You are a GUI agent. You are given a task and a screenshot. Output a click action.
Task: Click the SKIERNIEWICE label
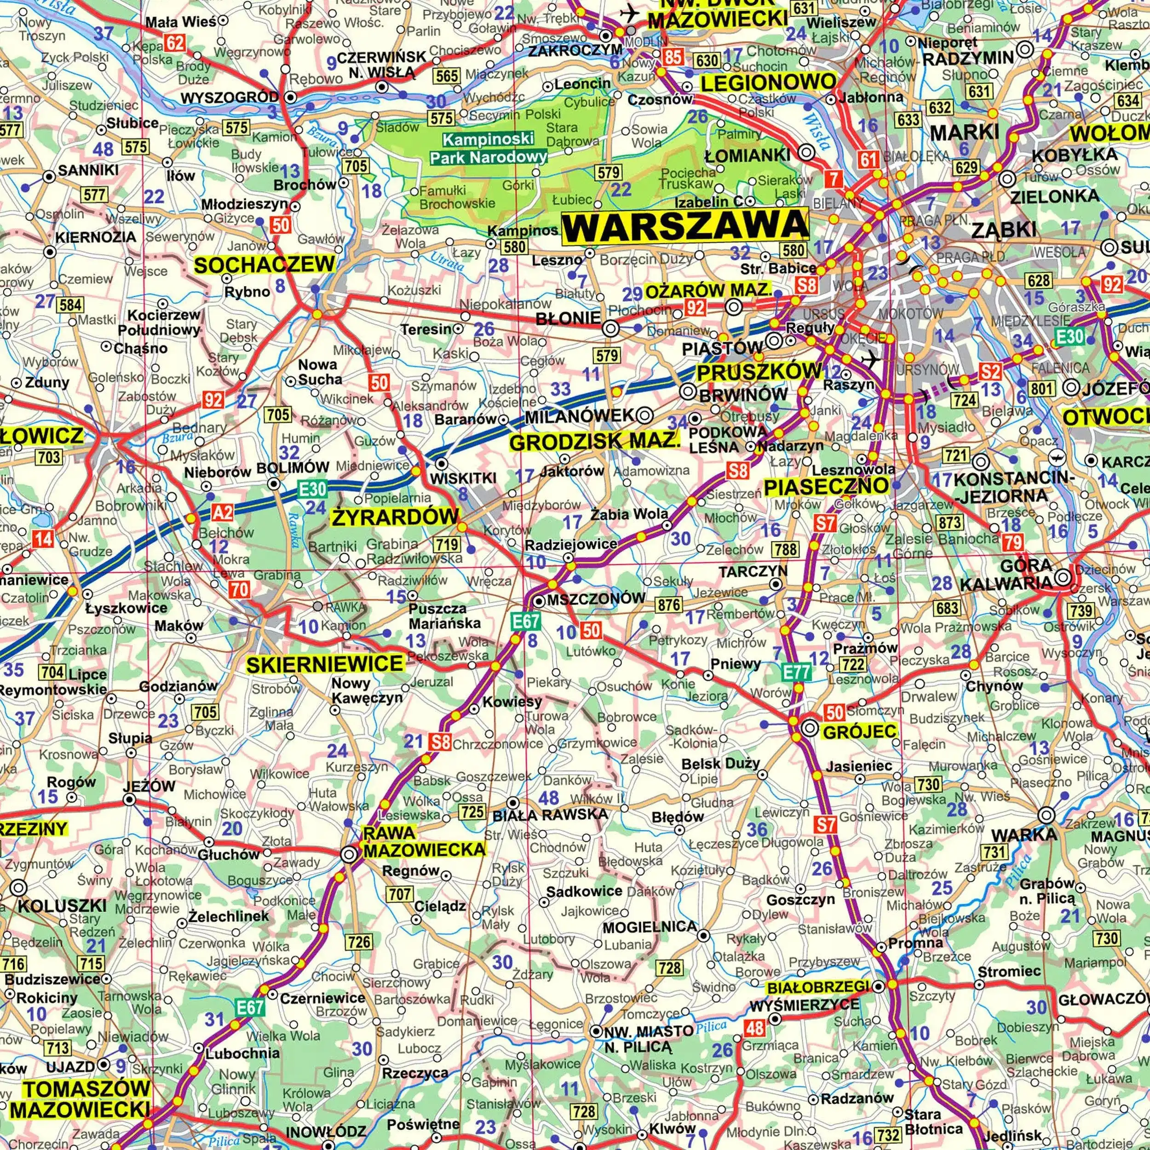click(325, 664)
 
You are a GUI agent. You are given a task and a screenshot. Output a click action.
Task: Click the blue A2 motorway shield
click(223, 512)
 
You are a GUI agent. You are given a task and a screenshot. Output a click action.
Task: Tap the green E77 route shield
click(796, 673)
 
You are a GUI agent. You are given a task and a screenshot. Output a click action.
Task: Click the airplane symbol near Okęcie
click(871, 359)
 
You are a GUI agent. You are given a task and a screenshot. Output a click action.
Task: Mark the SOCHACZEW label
click(264, 265)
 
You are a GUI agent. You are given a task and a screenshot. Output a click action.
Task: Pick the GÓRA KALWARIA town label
click(1006, 575)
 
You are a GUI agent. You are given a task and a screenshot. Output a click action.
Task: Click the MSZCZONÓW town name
click(596, 599)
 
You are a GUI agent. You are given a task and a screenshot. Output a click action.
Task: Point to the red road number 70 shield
click(239, 589)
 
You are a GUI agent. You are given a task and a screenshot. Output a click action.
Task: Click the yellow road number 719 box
click(446, 543)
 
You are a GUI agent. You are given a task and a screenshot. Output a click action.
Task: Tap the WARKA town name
click(1024, 835)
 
